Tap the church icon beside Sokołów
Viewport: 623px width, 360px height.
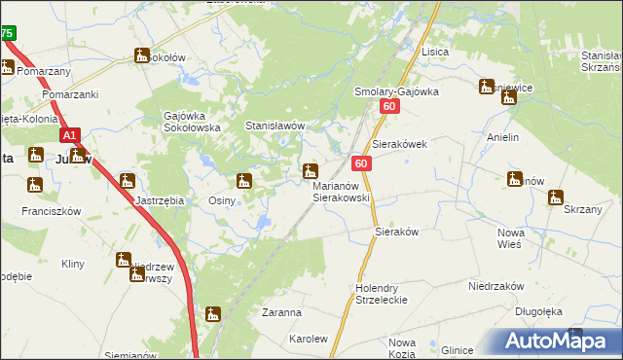142,56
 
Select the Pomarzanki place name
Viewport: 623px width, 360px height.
71,94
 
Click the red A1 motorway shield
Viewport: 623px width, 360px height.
70,137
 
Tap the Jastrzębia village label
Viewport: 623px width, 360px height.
160,200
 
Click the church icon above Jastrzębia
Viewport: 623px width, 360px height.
127,180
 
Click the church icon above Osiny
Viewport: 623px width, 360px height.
243,180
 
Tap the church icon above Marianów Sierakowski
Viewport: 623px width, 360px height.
310,170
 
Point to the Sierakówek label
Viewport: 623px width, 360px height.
400,142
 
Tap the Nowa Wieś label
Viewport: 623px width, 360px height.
511,238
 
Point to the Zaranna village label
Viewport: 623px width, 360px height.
281,313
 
